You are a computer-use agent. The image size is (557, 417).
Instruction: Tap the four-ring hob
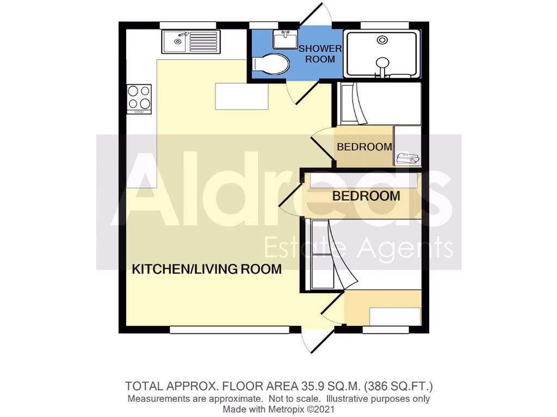tap(139, 98)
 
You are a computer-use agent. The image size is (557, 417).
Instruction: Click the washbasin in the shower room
tap(285, 40)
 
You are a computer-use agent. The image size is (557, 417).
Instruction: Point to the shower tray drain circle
tap(383, 40)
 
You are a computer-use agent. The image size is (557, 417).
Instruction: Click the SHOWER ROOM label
tap(320, 54)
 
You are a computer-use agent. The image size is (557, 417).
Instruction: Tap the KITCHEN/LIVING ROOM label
tap(207, 269)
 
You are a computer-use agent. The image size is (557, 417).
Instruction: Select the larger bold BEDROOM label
tap(366, 196)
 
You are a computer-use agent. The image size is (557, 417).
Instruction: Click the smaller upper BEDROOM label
tap(364, 147)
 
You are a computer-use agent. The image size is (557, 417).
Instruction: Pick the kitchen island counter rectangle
tap(242, 96)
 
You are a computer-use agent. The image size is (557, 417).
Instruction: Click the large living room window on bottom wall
tap(229, 330)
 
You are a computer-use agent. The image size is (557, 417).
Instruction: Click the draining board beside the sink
tap(203, 42)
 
